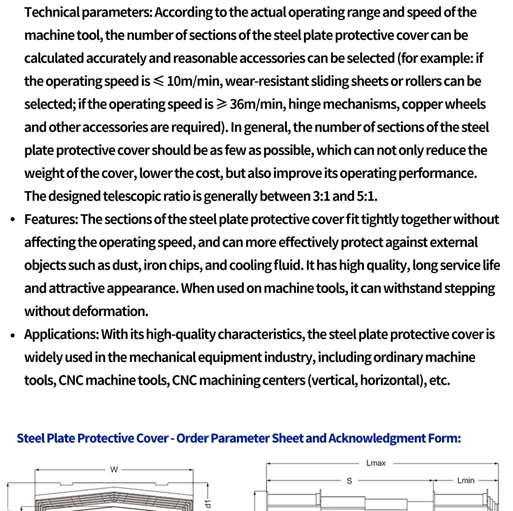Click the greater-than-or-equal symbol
tap(221, 104)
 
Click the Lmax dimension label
tap(376, 463)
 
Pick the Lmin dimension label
tap(466, 481)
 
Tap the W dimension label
tap(114, 470)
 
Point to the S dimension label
tap(349, 481)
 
